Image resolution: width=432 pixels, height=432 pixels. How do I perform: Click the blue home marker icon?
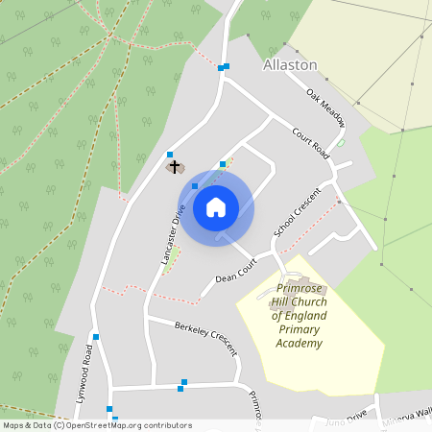(x=215, y=207)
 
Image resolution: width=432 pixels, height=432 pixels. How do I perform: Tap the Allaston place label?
(x=289, y=64)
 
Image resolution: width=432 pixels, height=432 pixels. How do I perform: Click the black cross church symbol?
(x=175, y=167)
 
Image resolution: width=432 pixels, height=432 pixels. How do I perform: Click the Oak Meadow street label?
(x=325, y=103)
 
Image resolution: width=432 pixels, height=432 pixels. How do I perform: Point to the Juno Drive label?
(x=347, y=420)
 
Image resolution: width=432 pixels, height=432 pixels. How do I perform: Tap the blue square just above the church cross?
(x=170, y=155)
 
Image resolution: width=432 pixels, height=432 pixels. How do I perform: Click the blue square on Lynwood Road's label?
(x=96, y=337)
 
